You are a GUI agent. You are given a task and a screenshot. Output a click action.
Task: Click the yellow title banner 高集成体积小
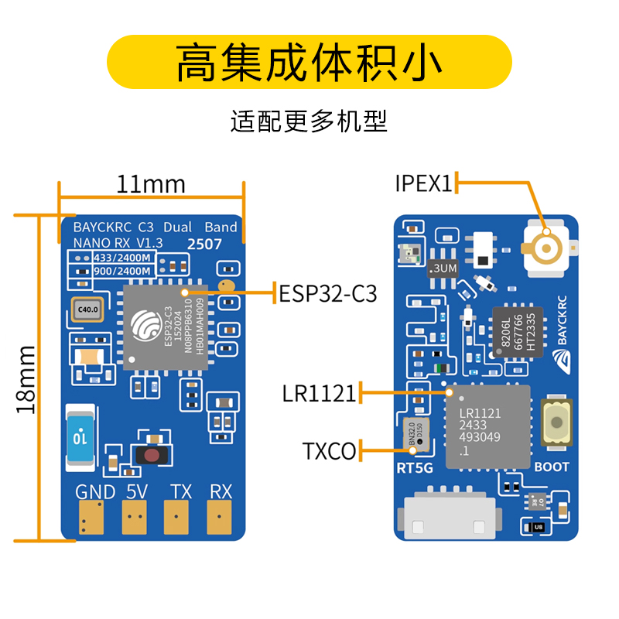(309, 62)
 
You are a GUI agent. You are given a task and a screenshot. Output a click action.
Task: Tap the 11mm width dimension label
(151, 184)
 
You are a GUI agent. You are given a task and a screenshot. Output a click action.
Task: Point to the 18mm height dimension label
(26, 378)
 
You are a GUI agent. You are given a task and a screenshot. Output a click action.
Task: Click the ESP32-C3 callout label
(327, 293)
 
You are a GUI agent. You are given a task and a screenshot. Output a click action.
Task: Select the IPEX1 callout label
(422, 183)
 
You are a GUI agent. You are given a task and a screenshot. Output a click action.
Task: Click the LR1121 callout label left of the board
(319, 394)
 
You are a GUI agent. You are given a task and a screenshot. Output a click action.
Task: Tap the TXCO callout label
(329, 450)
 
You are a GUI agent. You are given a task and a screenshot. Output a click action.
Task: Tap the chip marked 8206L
(513, 331)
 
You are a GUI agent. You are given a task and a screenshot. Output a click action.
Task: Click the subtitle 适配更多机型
(309, 121)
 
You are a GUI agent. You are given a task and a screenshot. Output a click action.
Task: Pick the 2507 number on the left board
(205, 244)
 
